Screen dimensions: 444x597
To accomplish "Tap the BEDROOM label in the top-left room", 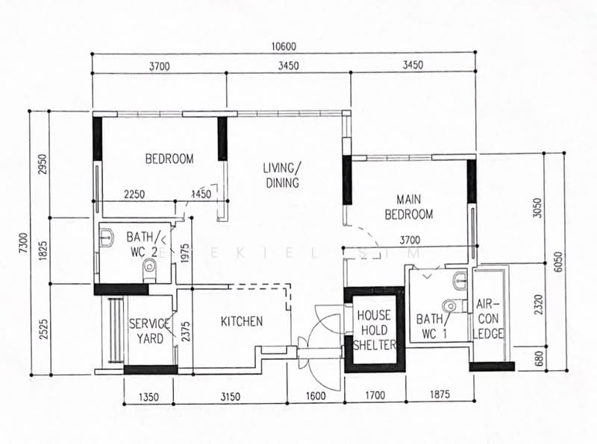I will click(169, 159).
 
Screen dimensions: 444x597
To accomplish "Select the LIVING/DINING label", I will click(281, 174).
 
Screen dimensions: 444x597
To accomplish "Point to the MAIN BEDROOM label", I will click(408, 206).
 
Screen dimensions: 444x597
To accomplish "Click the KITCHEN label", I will click(242, 322).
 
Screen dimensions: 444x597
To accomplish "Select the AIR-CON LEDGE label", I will click(490, 319).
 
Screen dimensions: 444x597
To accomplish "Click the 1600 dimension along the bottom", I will click(316, 396).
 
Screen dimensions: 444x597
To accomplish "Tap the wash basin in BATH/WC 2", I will click(106, 238).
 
